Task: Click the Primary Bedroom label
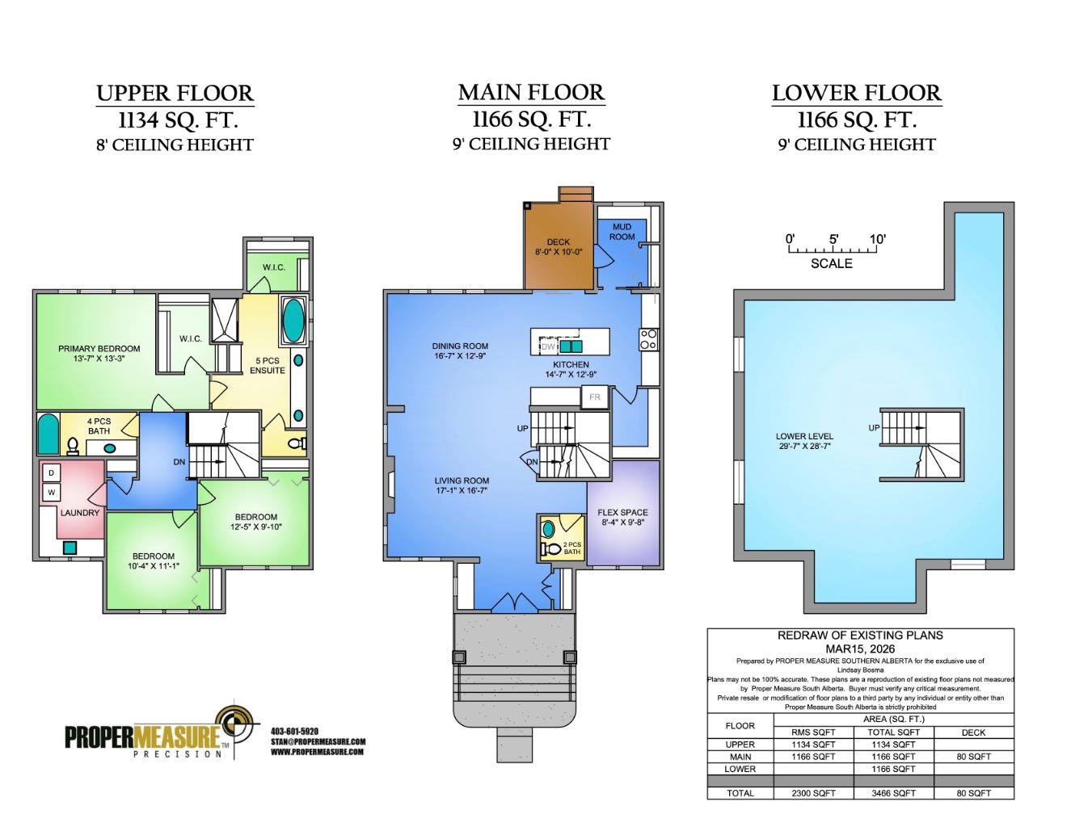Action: [x=99, y=349]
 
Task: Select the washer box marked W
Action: [x=50, y=491]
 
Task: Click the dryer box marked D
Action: [x=50, y=472]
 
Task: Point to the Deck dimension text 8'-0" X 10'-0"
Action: [x=559, y=252]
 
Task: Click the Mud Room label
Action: [x=622, y=232]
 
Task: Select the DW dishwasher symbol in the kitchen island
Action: [x=548, y=346]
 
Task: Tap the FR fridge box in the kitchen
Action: [x=594, y=397]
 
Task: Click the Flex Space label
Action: [x=622, y=512]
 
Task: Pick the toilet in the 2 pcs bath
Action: [x=554, y=549]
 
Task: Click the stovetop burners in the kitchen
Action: [x=648, y=339]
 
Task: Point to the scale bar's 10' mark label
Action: [x=877, y=239]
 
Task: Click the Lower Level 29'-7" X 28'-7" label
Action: [x=804, y=436]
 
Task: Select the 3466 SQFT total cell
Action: [x=893, y=792]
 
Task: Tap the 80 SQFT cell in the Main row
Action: [x=973, y=757]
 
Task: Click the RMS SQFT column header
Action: [x=813, y=733]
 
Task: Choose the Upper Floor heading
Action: [x=175, y=93]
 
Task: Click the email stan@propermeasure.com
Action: [x=318, y=741]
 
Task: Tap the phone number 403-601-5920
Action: [x=295, y=732]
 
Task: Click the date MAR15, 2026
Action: [x=860, y=649]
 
